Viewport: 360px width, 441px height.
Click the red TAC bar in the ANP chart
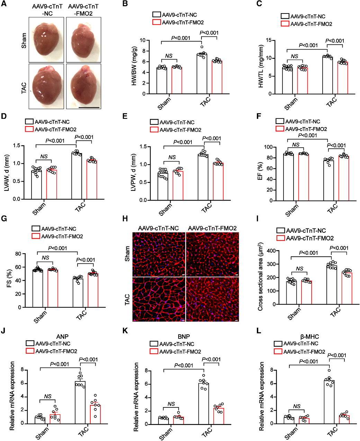tap(95, 414)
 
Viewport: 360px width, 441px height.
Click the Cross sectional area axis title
tap(260, 277)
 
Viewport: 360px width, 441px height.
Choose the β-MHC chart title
tap(310, 336)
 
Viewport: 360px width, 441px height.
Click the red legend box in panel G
tap(36, 236)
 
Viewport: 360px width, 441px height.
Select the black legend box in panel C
tap(285, 16)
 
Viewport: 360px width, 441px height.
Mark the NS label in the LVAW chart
tap(44, 157)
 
